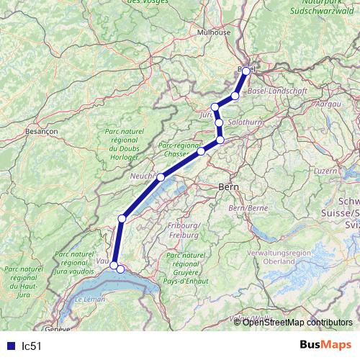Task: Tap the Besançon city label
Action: (x=41, y=132)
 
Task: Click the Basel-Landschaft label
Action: (x=277, y=91)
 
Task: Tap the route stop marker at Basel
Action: (x=246, y=71)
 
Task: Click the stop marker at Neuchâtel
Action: (x=161, y=177)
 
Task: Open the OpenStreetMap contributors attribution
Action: (x=297, y=322)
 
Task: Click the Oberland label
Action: (x=269, y=261)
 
